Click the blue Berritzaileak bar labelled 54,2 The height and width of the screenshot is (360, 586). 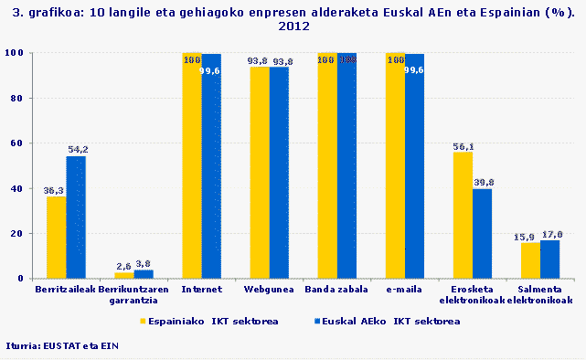[75, 217]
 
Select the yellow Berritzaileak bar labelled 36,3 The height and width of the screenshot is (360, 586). [56, 238]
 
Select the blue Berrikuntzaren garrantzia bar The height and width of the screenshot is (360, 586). [144, 274]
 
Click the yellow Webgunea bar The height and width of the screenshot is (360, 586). [260, 173]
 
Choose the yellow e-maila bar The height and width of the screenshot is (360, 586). [395, 165]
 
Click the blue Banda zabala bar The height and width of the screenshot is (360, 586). [346, 165]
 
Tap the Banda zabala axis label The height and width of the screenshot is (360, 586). [336, 290]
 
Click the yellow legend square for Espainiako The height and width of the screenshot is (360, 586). [144, 322]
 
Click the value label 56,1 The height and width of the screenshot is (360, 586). [463, 146]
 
